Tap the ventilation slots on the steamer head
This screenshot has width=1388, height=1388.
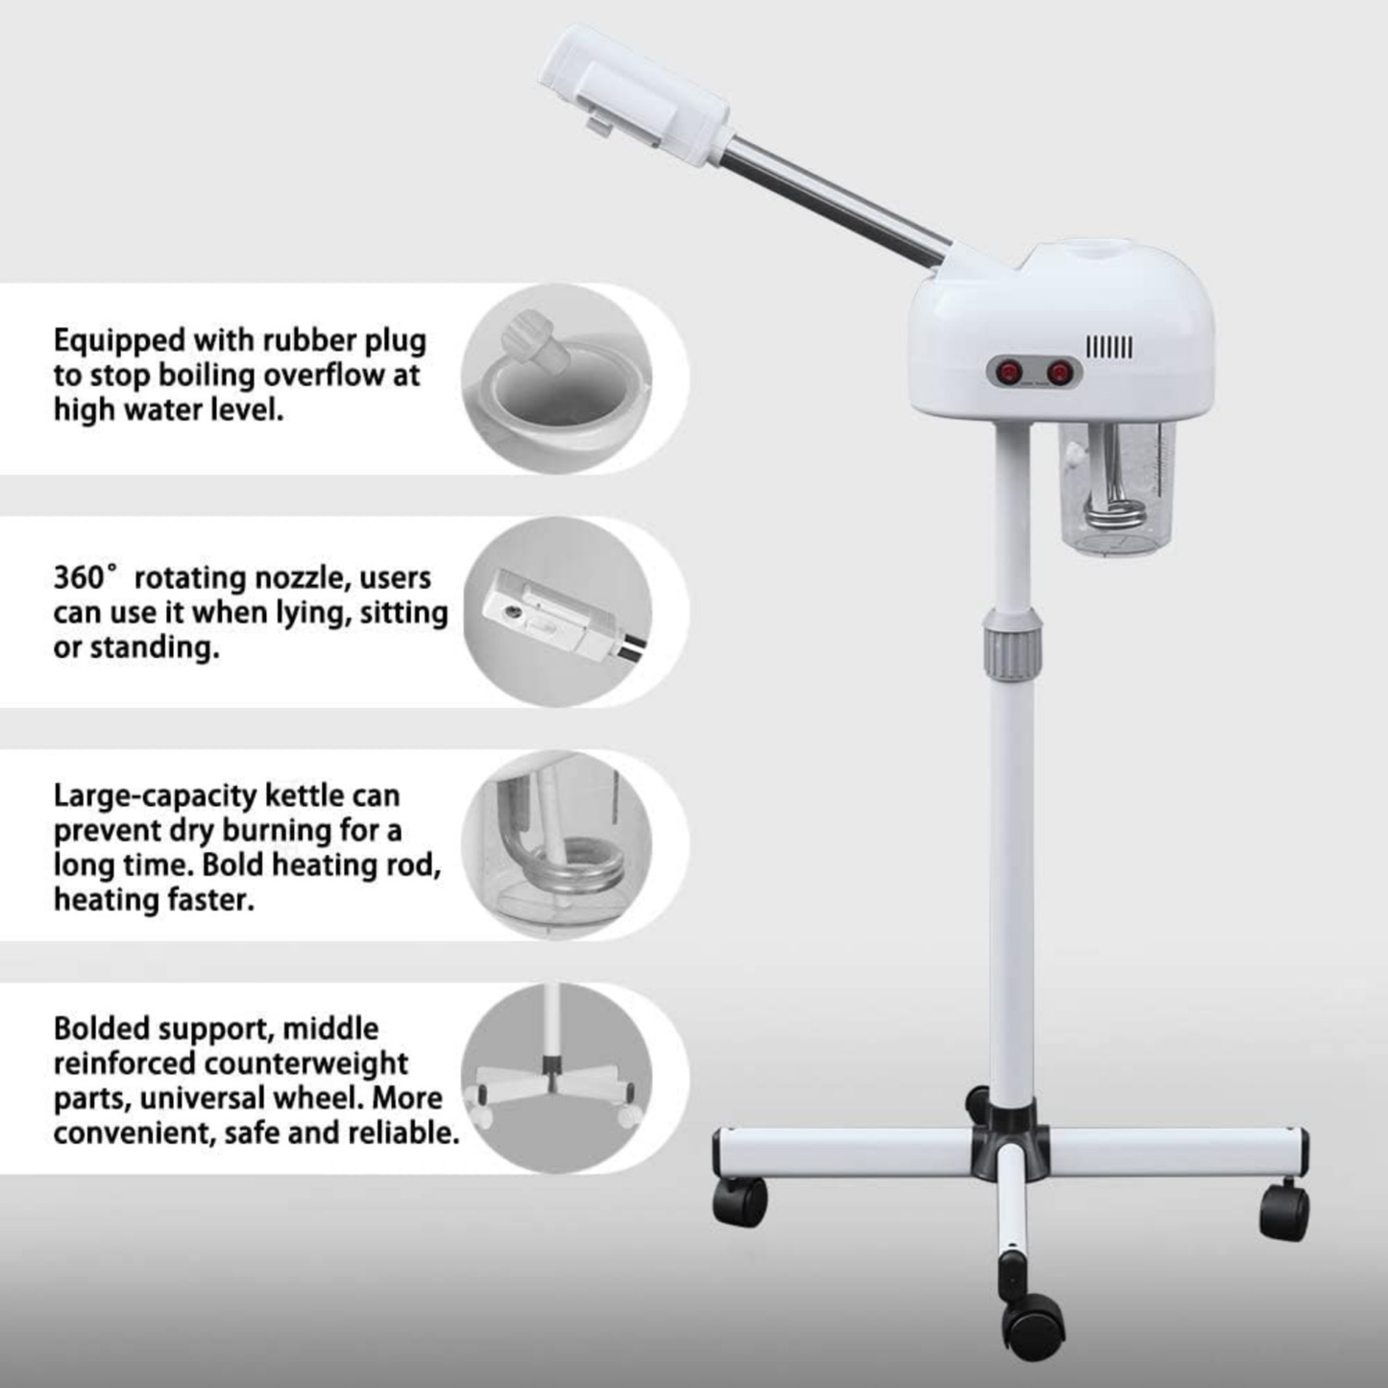(1108, 347)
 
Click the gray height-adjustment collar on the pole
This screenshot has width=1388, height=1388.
(1011, 640)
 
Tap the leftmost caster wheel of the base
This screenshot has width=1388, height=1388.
(740, 1202)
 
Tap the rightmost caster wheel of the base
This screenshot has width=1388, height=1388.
(1284, 1212)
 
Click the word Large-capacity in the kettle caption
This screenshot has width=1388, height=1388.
(155, 796)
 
